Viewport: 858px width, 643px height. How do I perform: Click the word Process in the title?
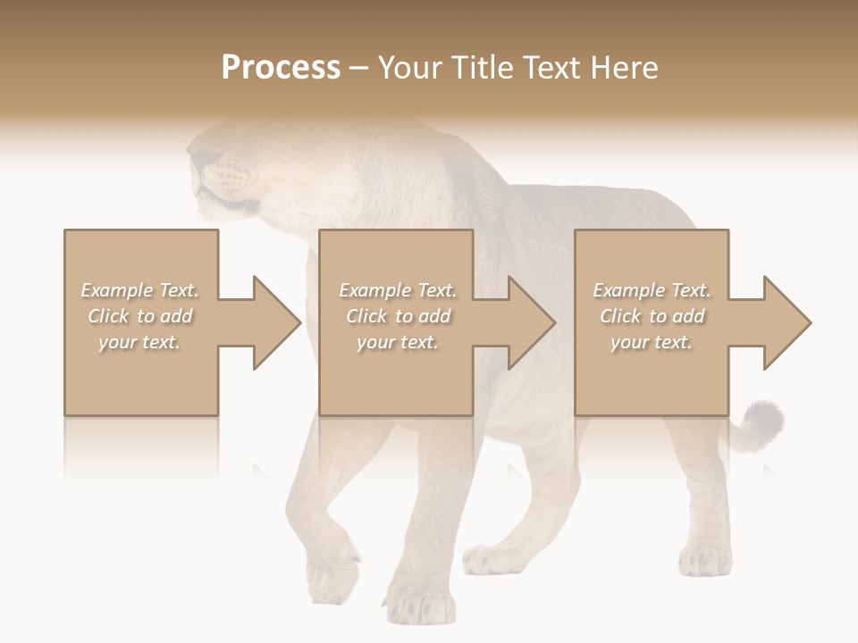click(x=281, y=68)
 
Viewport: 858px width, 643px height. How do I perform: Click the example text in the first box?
click(x=140, y=316)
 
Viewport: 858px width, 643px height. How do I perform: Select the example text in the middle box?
click(x=398, y=316)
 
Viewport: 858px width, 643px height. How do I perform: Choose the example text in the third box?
click(x=652, y=316)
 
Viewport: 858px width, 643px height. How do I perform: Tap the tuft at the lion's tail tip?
click(x=761, y=420)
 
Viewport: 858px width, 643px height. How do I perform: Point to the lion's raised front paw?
click(x=332, y=572)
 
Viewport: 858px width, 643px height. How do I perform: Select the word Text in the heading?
click(x=552, y=68)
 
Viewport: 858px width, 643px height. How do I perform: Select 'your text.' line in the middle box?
click(x=398, y=342)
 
